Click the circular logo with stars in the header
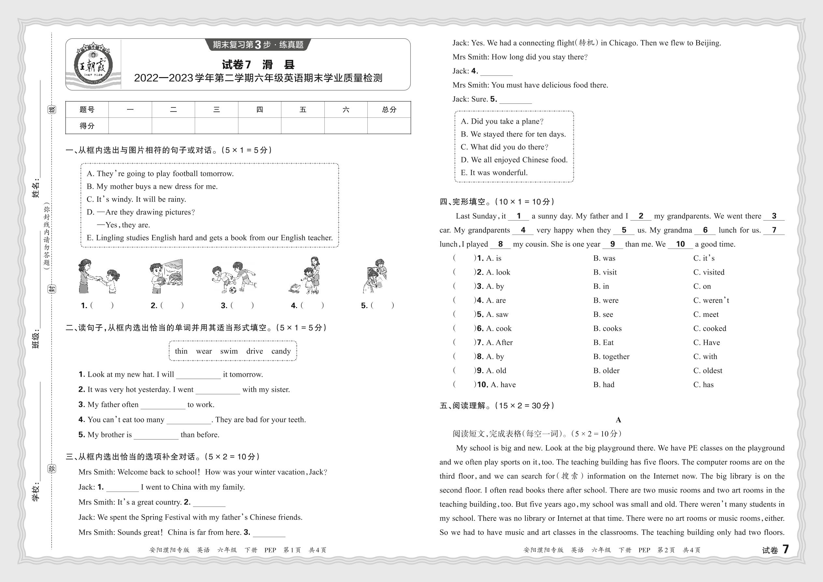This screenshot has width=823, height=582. tap(93, 65)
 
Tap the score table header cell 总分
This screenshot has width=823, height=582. tap(389, 110)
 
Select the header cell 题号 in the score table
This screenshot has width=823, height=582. tap(87, 110)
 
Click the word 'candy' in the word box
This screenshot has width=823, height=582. tap(281, 351)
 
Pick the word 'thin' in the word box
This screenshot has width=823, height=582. tap(181, 351)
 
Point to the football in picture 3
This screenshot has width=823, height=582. tap(233, 290)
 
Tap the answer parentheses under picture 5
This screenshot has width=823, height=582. tap(382, 305)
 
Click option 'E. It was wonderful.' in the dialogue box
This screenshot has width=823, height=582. tap(494, 173)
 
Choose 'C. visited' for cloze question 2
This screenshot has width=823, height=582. tap(709, 272)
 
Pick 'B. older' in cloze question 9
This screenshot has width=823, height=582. tap(606, 371)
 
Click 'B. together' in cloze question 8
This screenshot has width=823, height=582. tap(611, 357)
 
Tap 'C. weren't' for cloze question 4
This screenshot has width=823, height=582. tap(711, 300)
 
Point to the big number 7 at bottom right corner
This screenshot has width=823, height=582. tap(786, 549)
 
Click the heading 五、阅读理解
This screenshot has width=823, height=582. tap(463, 406)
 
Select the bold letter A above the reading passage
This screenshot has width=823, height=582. tap(618, 420)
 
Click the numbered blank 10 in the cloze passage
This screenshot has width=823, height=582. tap(680, 244)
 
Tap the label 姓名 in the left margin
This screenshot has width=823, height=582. tap(36, 189)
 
